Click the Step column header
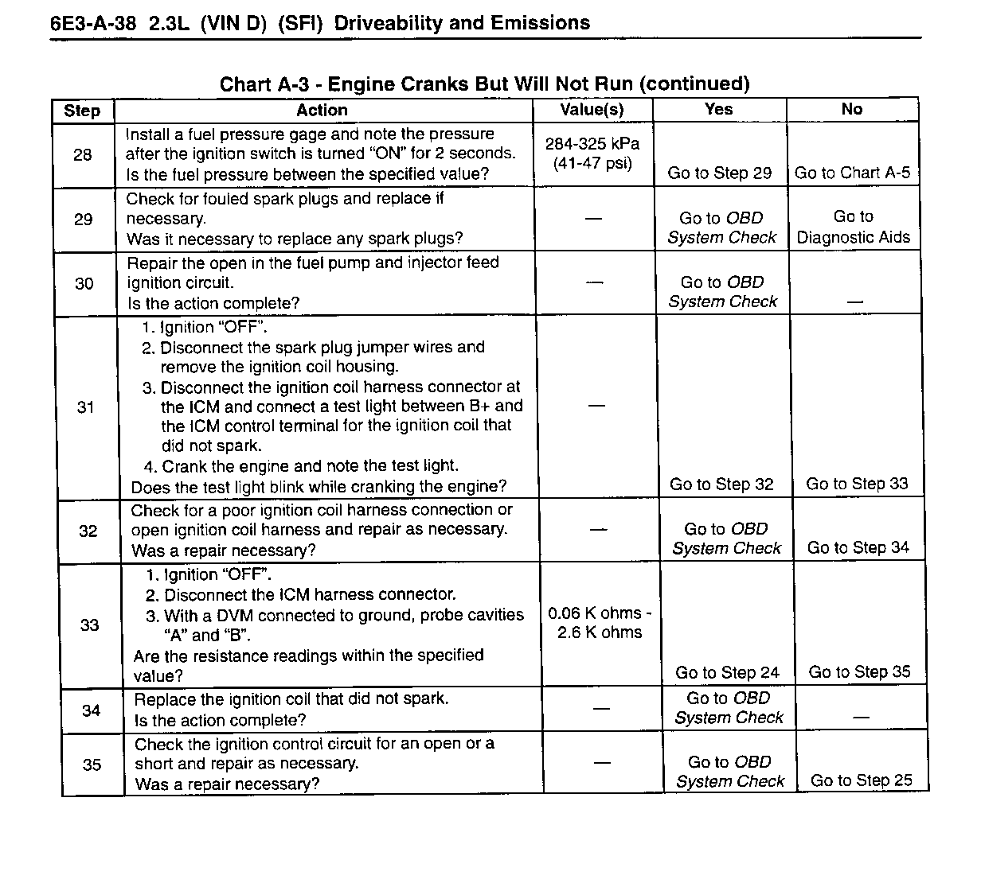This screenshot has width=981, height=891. pos(82,111)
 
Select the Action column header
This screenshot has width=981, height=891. pos(322,111)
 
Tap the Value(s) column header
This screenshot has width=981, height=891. pos(592,110)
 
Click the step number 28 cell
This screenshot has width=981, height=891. pos(83,155)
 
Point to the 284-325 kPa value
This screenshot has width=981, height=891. pos(592,144)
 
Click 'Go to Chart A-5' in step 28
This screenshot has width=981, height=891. pos(852,173)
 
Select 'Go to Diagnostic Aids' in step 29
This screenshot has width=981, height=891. pos(853,227)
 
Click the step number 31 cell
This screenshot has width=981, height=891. pos(85,407)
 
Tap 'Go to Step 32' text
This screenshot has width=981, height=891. pos(721,484)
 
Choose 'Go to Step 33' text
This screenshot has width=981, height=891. pos(857,484)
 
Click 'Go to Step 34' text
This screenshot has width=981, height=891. pos(858,547)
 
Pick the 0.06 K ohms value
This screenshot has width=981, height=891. pos(600,613)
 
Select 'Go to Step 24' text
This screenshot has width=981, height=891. pos(727,673)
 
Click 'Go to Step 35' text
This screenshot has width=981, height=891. pos(859,672)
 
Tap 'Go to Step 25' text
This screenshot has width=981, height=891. pos(862,780)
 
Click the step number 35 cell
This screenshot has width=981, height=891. pos(92,765)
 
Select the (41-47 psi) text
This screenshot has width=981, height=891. pos(592,163)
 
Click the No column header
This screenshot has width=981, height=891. pos(851,110)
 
